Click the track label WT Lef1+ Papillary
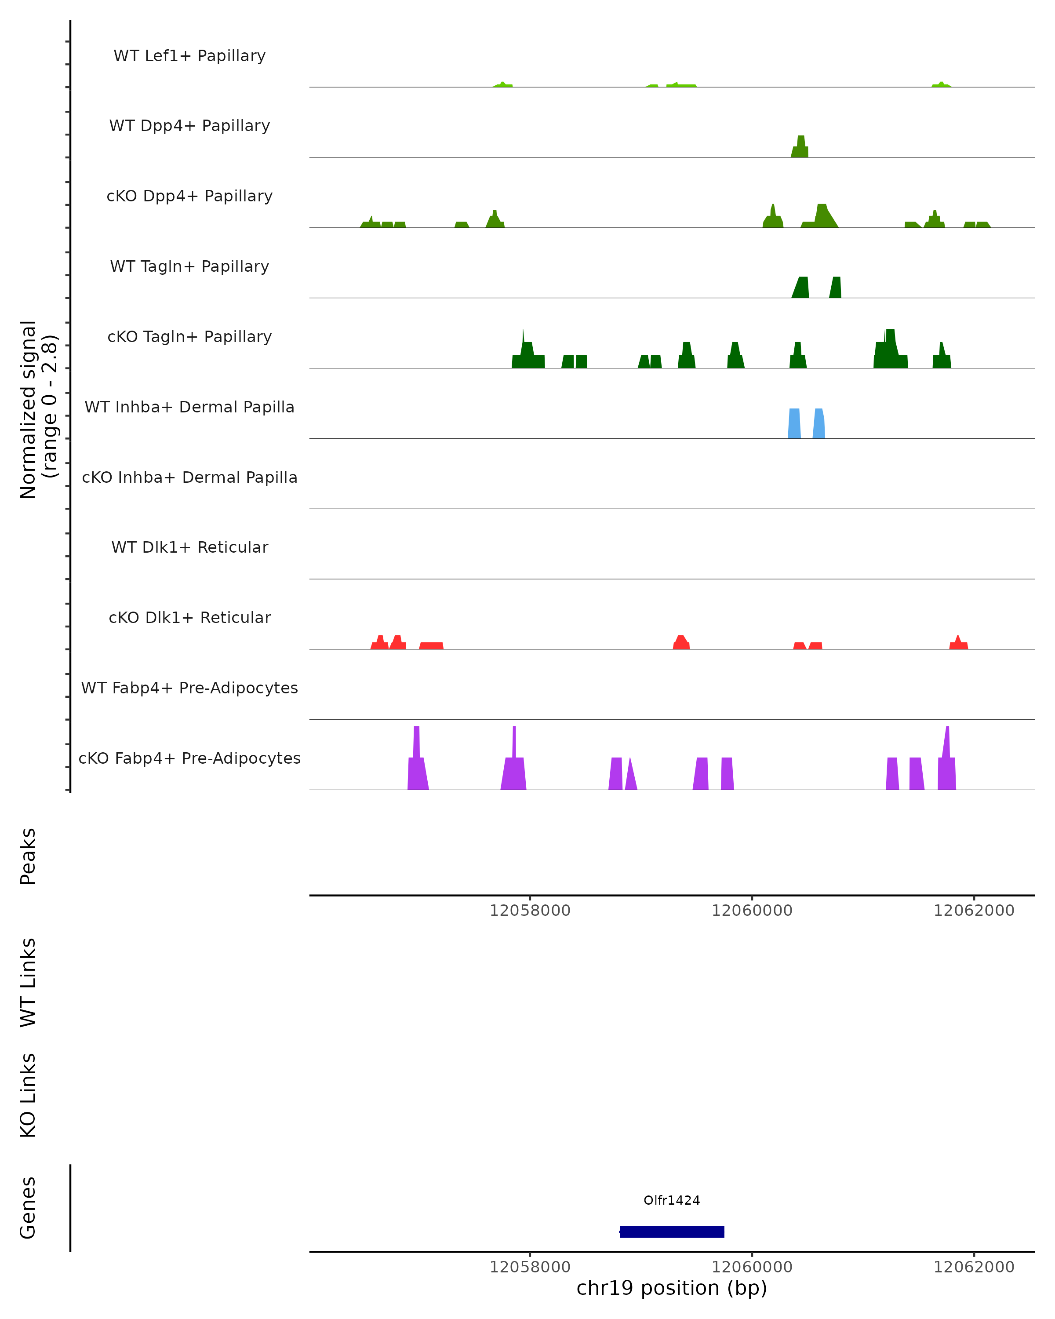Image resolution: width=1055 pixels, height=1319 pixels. (189, 56)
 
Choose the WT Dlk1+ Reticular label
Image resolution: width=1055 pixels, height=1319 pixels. (189, 547)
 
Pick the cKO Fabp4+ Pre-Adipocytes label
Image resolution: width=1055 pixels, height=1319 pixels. (189, 758)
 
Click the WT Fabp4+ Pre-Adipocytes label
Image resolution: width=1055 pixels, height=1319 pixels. (189, 688)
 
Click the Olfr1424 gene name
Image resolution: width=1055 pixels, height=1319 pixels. (672, 1200)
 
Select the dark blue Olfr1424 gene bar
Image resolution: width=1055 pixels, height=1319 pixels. (672, 1232)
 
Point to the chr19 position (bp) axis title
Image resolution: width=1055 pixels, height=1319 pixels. (672, 1288)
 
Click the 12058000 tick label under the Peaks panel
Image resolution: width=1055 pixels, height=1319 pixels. (530, 911)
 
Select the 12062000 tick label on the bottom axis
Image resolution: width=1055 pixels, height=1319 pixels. (974, 1267)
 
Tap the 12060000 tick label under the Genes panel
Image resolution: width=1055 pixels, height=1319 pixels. (752, 1267)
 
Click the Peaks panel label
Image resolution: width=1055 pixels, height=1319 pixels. (28, 856)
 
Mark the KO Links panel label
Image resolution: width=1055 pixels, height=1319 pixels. (28, 1096)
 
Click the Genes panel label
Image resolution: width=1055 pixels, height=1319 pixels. (28, 1208)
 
